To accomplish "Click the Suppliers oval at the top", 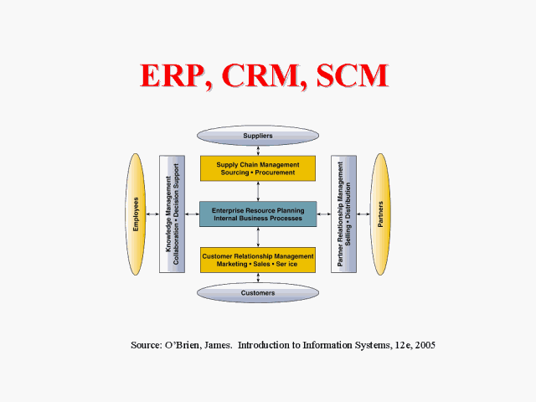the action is [258, 136].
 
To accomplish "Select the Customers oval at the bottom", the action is [258, 293].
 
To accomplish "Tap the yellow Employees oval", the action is [136, 214].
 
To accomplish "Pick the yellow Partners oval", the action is [380, 214].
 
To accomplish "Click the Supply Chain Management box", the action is [258, 168].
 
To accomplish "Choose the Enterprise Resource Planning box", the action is [258, 214].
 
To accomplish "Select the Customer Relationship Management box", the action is [258, 260].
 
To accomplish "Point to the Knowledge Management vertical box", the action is [172, 214].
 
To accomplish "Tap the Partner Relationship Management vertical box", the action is [343, 214].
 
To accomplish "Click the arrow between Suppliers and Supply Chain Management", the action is [258, 151].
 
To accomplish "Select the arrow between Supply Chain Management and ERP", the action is [258, 192].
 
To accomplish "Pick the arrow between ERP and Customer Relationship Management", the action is [258, 237].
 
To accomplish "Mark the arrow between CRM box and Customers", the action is [258, 277].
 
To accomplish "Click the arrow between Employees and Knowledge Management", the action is [152, 214].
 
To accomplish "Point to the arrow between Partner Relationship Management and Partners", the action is [363, 214].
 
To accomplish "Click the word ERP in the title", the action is [173, 75].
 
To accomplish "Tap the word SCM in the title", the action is [353, 75].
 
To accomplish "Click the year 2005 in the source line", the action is [425, 345].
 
